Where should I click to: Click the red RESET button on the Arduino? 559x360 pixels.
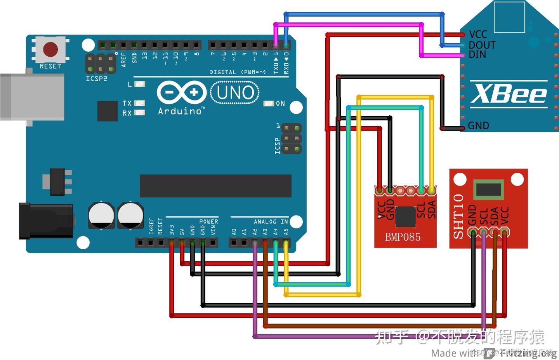50,50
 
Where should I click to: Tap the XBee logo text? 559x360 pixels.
509,94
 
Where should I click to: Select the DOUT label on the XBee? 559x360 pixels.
482,45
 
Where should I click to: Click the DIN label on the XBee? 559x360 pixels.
477,54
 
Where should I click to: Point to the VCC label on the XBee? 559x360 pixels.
478,35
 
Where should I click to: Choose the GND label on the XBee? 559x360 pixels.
478,125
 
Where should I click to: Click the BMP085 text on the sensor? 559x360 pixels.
403,237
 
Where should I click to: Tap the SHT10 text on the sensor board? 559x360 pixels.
458,216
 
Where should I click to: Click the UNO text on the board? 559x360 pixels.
235,93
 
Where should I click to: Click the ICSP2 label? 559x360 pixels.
96,79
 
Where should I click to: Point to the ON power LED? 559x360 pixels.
269,103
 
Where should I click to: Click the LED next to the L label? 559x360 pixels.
140,84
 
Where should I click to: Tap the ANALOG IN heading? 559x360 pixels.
271,221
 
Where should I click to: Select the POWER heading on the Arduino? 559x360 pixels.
208,221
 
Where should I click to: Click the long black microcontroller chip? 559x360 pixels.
215,186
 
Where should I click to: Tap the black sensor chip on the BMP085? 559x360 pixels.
406,216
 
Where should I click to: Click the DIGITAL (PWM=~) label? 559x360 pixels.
238,72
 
